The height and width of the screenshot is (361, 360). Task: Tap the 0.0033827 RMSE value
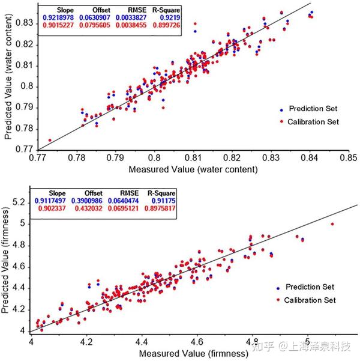tap(127, 18)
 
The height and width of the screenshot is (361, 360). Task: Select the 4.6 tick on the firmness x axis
tap(197, 341)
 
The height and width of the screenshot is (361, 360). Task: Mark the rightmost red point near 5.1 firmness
tap(332, 224)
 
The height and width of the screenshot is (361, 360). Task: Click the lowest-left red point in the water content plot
tap(50, 141)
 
